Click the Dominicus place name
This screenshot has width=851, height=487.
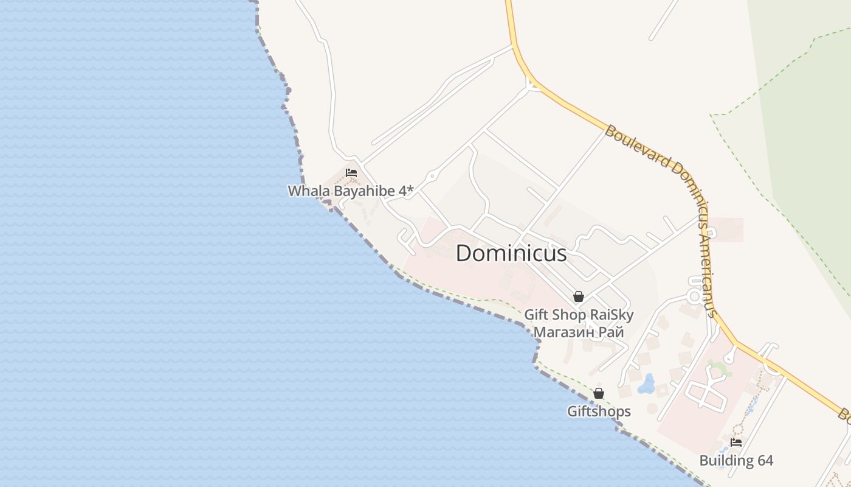click(x=511, y=253)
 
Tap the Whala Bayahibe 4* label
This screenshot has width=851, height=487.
click(x=350, y=191)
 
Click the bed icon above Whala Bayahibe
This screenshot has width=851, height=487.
click(x=351, y=173)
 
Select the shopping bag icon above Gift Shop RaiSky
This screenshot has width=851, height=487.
click(x=579, y=296)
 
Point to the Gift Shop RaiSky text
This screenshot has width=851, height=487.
click(x=579, y=315)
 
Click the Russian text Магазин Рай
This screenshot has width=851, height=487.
click(x=579, y=332)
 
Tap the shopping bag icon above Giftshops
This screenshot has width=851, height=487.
click(x=599, y=393)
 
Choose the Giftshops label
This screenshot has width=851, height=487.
click(x=599, y=412)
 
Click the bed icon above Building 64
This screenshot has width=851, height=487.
click(x=736, y=443)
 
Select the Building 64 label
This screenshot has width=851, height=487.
click(x=736, y=460)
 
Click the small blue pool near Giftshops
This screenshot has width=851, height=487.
click(x=646, y=384)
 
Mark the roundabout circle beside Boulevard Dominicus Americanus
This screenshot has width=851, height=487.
click(x=694, y=296)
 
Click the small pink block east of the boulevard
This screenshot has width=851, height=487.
click(x=726, y=229)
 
